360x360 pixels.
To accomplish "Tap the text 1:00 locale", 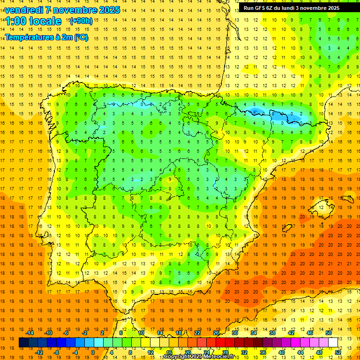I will pyautogui.click(x=33, y=21).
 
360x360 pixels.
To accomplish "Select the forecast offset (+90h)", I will pyautogui.click(x=81, y=21).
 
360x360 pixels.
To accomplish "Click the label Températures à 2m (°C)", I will pyautogui.click(x=46, y=37).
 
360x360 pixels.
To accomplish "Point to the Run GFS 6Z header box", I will pyautogui.click(x=298, y=8).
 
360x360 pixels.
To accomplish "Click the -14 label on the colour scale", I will pyautogui.click(x=30, y=333).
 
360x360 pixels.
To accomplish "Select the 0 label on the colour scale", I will pyautogui.click(x=93, y=352).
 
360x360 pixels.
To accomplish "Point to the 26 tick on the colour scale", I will pyautogui.click(x=216, y=333).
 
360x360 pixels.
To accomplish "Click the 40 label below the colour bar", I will pyautogui.click(x=282, y=352).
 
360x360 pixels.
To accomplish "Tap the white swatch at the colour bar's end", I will pyautogui.click(x=333, y=343).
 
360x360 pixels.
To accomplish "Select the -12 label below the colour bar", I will pyautogui.click(x=39, y=352).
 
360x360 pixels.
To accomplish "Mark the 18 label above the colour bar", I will pyautogui.click(x=179, y=333).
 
